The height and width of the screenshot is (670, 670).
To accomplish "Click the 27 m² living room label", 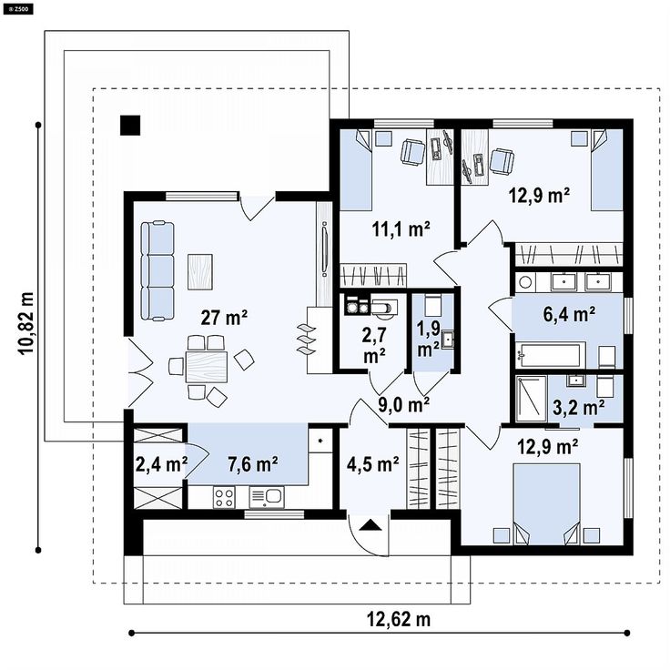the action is (x=224, y=318).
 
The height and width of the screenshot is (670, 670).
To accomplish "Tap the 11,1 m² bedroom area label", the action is (x=401, y=230).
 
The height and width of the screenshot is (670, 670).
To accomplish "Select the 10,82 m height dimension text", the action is (x=26, y=323).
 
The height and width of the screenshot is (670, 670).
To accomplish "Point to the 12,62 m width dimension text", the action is (x=399, y=619).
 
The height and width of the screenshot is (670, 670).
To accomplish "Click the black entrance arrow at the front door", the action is (x=370, y=524).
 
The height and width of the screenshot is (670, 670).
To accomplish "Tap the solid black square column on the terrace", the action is (x=130, y=126).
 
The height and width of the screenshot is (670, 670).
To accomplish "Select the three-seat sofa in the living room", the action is (x=157, y=270).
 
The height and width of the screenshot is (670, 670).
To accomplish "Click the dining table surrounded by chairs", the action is (x=207, y=366).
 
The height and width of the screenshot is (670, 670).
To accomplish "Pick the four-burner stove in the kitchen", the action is (x=224, y=497).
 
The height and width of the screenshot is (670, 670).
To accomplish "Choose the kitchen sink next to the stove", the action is (x=267, y=497).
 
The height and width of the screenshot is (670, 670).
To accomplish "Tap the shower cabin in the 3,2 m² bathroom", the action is (x=531, y=398).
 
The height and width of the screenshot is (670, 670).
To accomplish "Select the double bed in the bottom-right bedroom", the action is (x=547, y=504).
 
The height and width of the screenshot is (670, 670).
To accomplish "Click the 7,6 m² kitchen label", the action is (x=253, y=463).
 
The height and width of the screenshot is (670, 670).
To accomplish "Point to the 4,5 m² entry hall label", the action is (x=373, y=464).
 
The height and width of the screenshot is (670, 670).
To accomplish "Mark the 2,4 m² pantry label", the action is (x=161, y=464).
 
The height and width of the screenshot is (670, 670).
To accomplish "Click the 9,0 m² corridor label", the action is (x=404, y=404).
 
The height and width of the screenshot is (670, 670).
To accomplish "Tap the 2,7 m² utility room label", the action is (x=374, y=345).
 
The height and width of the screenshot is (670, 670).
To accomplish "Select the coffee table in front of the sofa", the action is (x=200, y=271).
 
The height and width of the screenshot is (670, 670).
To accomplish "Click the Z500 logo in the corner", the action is (x=17, y=8).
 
